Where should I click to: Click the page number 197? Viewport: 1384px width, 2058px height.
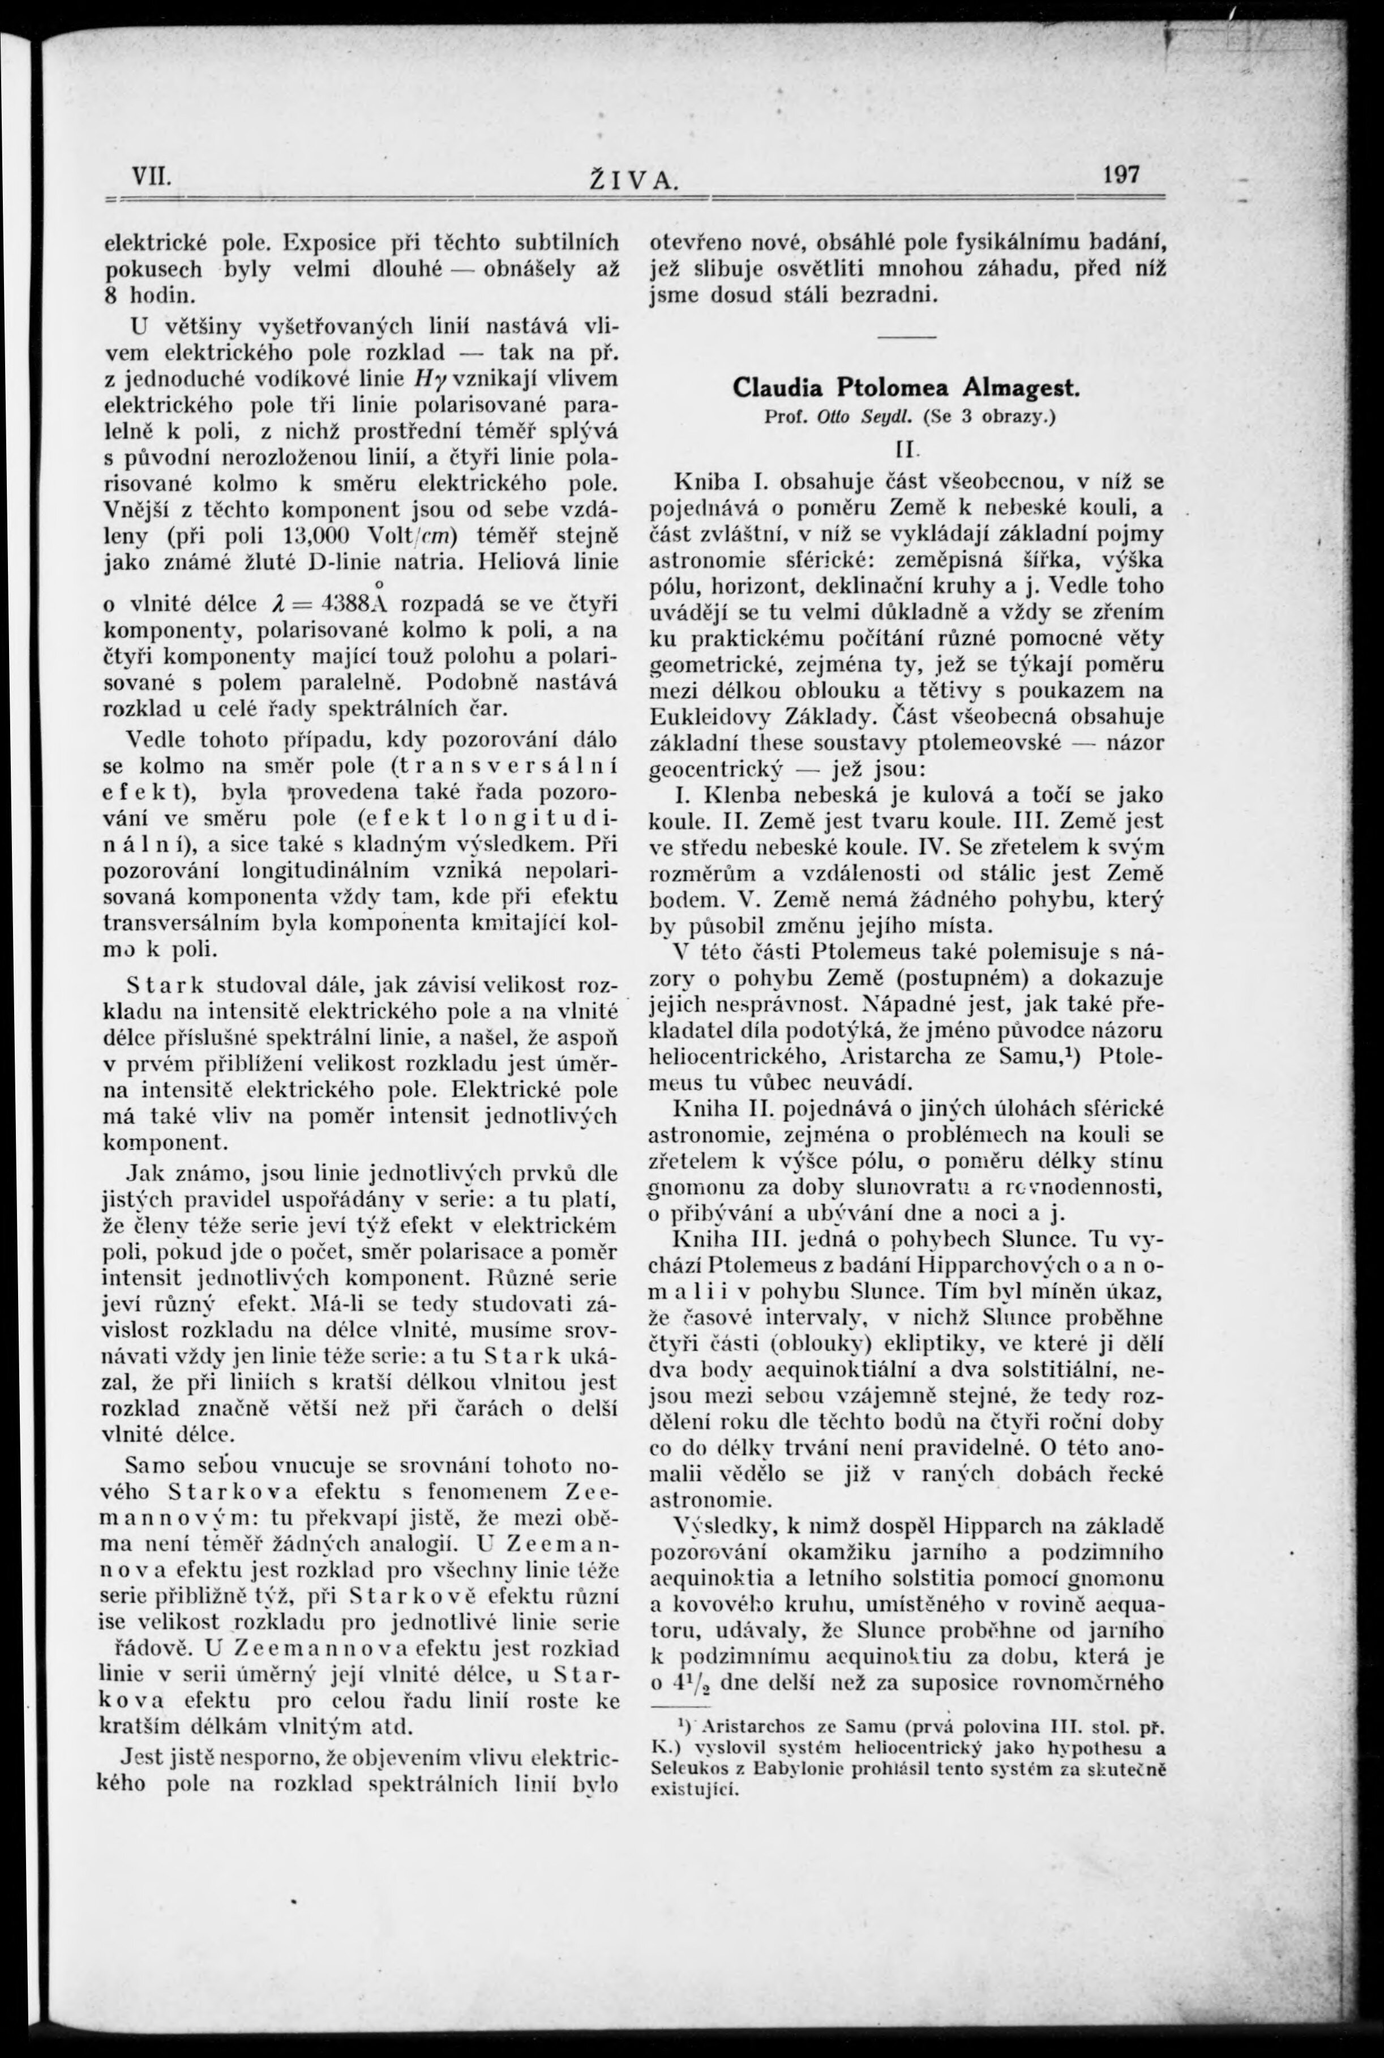click(1120, 174)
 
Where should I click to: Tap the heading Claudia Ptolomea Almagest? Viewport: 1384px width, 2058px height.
click(906, 387)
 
